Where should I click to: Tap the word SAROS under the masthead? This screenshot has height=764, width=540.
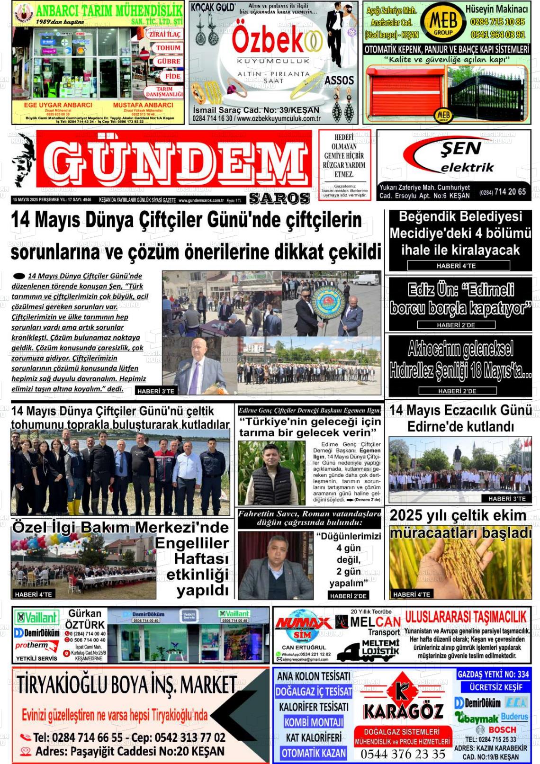pos(279,198)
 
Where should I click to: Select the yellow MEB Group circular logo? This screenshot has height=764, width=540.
pos(443,22)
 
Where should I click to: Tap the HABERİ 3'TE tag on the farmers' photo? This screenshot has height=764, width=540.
pos(155,391)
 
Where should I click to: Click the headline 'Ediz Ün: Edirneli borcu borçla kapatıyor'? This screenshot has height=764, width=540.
pos(460,299)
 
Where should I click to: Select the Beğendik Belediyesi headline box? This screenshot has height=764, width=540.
pos(460,240)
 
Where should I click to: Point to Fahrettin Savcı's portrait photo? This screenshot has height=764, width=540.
pos(275,566)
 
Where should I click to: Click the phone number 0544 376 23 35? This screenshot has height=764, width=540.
pos(403,754)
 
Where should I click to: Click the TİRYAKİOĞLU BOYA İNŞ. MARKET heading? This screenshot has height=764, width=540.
pos(126,685)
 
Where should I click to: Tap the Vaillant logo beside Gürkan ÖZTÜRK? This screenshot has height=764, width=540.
pos(36,617)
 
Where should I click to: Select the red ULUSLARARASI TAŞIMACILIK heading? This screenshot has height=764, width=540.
pos(466,617)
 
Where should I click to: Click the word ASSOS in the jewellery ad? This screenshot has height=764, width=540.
pos(339,81)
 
